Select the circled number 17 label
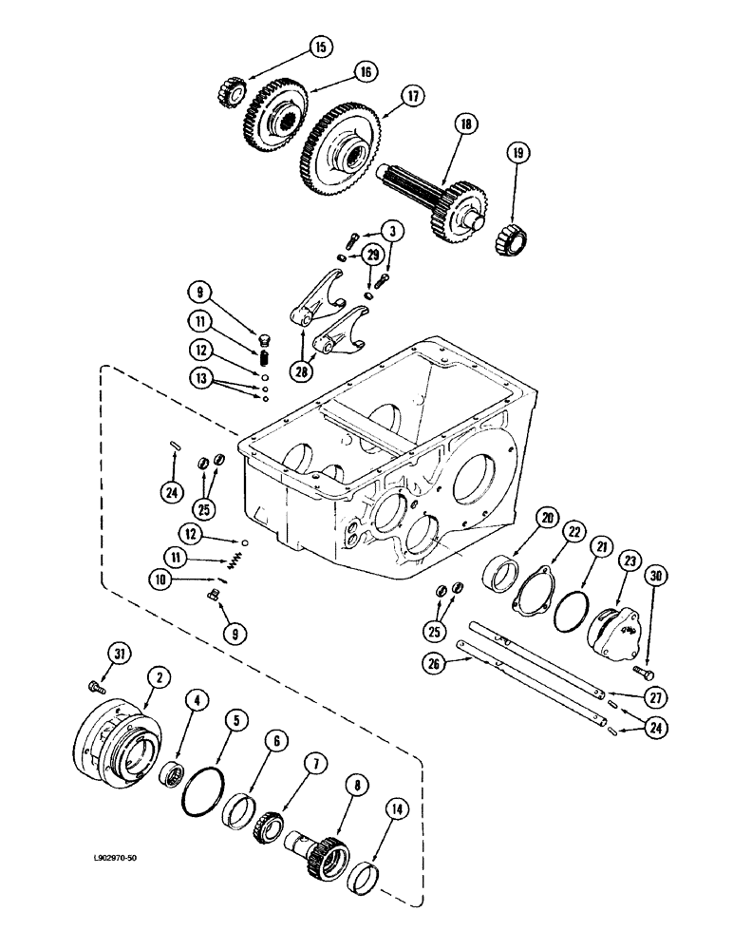412,95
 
